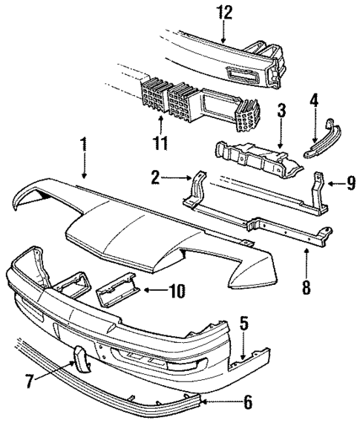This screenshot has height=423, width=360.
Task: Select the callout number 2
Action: pos(154,177)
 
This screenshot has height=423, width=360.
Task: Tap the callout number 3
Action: pos(281,112)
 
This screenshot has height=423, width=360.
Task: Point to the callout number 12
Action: pos(224,12)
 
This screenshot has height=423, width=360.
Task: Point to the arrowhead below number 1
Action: pos(84,176)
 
